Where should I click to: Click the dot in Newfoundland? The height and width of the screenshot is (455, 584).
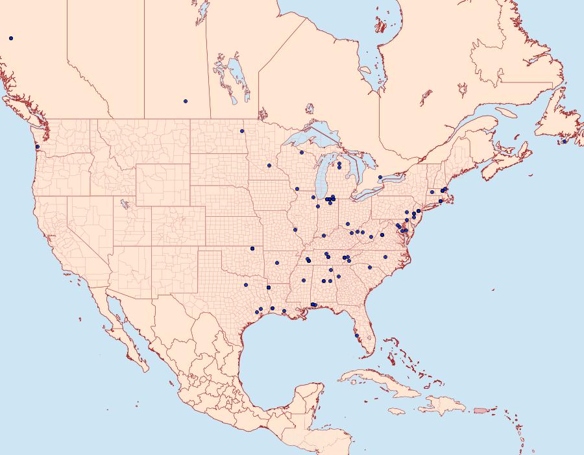pyautogui.click(x=565, y=141)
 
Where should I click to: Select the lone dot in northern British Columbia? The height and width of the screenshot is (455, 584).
pyautogui.click(x=11, y=38)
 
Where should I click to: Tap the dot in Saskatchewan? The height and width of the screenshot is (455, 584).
pyautogui.click(x=185, y=101)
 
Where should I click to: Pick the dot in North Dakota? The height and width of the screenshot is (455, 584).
pyautogui.click(x=242, y=131)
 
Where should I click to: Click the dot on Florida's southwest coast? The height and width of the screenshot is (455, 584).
pyautogui.click(x=356, y=336)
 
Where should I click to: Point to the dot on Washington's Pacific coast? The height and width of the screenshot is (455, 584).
pyautogui.click(x=37, y=147)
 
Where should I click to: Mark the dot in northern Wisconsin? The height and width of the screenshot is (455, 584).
pyautogui.click(x=302, y=153)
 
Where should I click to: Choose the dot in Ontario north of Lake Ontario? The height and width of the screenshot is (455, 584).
pyautogui.click(x=380, y=177)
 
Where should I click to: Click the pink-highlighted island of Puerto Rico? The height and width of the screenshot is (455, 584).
pyautogui.click(x=480, y=410)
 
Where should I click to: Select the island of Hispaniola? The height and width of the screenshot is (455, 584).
pyautogui.click(x=444, y=406)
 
